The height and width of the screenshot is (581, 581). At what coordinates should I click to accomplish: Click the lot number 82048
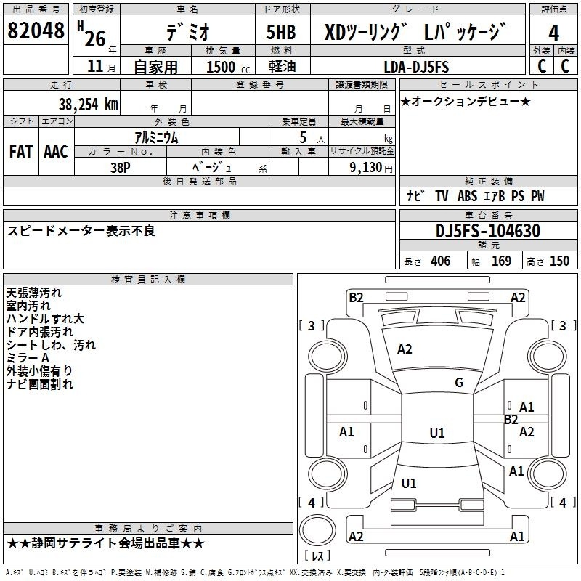tap(36, 30)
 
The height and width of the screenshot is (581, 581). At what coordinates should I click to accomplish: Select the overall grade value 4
tap(553, 33)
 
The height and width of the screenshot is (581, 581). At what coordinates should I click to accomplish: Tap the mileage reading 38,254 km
tap(88, 105)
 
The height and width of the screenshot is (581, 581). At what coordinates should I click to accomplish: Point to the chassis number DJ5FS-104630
tap(488, 231)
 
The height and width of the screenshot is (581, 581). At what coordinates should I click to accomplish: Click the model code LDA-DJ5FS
tap(416, 67)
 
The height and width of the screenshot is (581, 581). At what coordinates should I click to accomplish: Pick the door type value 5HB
tap(281, 32)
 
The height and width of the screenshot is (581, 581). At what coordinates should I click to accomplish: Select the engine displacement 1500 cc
tap(228, 67)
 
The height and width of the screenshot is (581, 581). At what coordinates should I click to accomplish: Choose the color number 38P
tap(121, 168)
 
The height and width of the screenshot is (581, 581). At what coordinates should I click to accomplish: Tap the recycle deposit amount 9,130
tap(366, 168)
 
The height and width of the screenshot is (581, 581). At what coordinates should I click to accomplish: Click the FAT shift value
tap(21, 152)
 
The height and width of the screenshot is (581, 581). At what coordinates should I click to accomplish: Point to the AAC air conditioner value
tap(56, 152)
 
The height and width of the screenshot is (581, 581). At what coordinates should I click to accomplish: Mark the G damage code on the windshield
tap(459, 383)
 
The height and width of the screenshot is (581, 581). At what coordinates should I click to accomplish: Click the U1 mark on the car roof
tap(437, 433)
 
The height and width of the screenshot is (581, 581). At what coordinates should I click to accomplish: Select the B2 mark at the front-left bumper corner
tap(356, 298)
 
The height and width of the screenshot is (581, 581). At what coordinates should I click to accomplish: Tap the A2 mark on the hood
tap(405, 349)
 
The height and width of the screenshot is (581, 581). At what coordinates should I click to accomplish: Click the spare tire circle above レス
tap(317, 529)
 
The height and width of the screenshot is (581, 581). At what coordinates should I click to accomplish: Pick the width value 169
tap(501, 261)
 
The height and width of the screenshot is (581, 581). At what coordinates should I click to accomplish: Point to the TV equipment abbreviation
tap(442, 196)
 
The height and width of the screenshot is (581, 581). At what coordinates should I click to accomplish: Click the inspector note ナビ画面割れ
tap(40, 384)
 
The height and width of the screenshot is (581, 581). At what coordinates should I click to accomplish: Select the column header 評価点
tap(553, 9)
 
